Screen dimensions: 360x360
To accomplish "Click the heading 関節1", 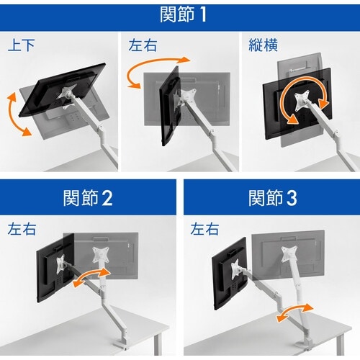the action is tap(183, 14).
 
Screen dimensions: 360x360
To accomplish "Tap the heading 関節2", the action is tap(88, 198).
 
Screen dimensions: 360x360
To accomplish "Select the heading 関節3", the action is tap(273, 198).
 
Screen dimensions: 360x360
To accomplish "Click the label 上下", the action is tap(21, 45).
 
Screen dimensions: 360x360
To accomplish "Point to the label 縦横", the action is tap(263, 45).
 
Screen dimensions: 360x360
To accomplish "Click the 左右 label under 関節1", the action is tap(143, 45).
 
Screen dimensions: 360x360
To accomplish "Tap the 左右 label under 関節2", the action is tap(22, 229).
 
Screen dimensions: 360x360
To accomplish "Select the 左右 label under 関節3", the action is tap(204, 229).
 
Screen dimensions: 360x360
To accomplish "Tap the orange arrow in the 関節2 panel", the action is tap(91, 276).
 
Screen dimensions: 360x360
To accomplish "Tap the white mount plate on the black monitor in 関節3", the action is tap(237, 269).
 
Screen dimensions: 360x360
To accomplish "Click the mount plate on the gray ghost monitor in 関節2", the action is tap(101, 255).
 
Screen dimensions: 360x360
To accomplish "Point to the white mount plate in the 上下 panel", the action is tap(67, 92).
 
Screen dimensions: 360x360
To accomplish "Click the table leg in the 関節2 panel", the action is tap(157, 344).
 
